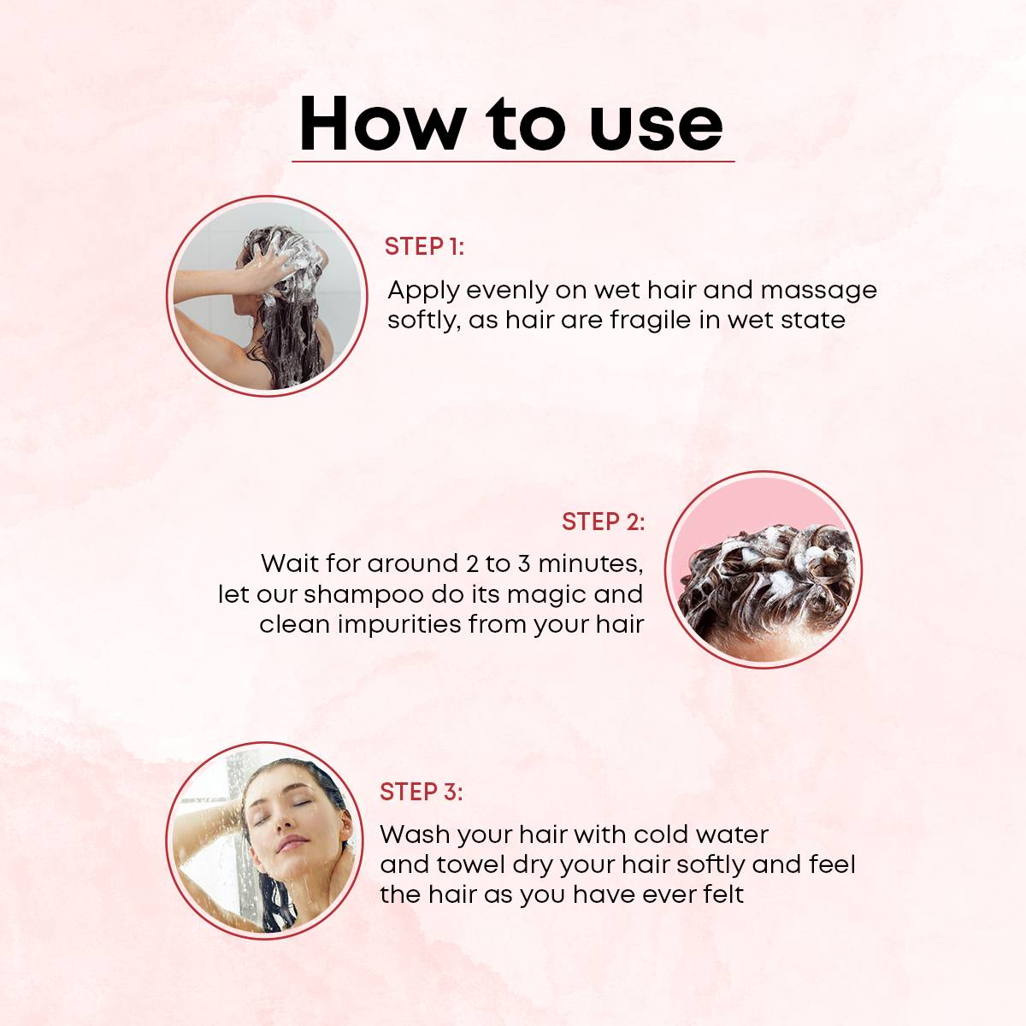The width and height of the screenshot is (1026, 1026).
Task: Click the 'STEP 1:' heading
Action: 424,246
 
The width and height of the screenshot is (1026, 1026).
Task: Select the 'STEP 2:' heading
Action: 604,522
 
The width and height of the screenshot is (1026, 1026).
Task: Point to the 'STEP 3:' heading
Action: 422,792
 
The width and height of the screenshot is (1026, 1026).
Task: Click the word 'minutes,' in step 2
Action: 591,563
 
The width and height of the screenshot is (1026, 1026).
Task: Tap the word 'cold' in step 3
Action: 661,834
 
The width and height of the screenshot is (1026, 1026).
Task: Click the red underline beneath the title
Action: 513,161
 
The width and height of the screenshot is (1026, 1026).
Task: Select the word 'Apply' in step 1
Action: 423,292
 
